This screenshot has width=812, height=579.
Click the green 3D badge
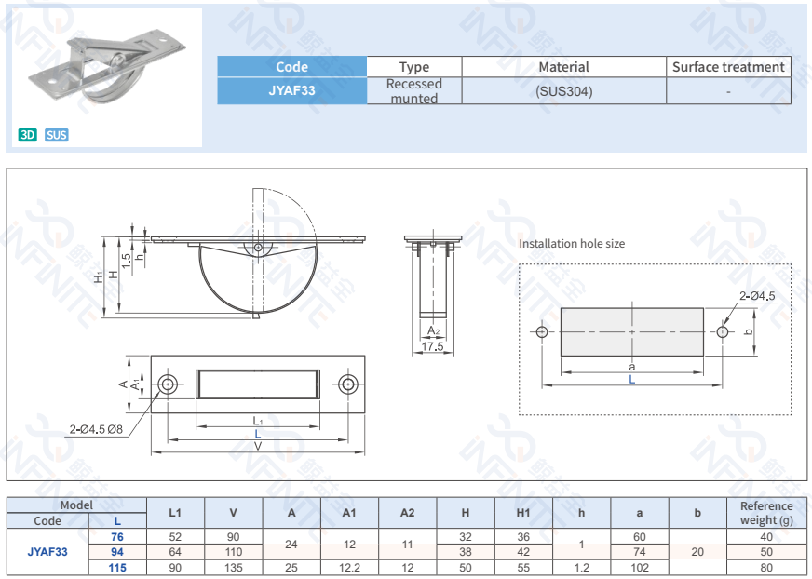tap(27, 135)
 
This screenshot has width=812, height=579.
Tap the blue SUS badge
tap(57, 135)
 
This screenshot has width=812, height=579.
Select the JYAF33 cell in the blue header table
tap(291, 91)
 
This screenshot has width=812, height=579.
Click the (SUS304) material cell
tap(563, 91)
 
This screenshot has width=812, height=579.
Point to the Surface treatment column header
tap(728, 67)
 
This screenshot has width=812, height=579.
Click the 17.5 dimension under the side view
tap(432, 346)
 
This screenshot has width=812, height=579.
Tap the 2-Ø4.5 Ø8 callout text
tap(102, 429)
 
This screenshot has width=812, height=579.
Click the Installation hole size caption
tap(572, 244)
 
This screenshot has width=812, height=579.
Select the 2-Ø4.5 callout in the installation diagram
tap(757, 296)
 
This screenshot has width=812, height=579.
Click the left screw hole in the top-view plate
tap(169, 384)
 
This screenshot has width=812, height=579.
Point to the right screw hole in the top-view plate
tap(347, 384)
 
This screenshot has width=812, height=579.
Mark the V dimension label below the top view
tap(258, 446)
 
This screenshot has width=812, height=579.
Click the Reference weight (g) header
tap(766, 512)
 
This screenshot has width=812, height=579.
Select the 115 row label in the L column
tap(116, 567)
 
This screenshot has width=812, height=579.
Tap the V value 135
tap(233, 567)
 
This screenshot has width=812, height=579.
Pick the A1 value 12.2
tap(349, 567)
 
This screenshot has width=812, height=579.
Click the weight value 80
tap(766, 567)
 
